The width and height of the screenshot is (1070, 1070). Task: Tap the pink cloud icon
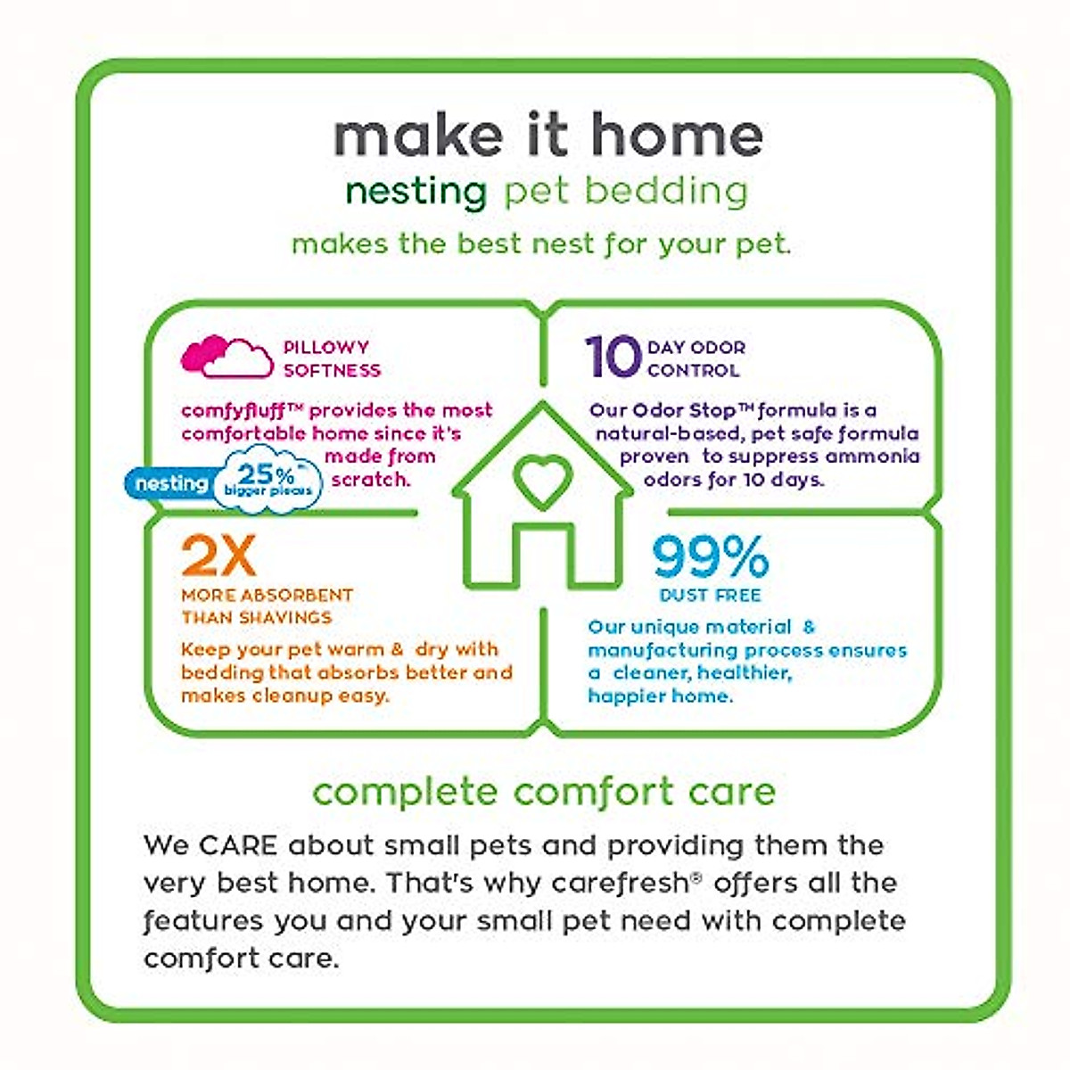coord(227,357)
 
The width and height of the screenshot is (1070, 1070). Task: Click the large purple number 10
coord(613,357)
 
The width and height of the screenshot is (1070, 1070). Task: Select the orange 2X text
coord(218,557)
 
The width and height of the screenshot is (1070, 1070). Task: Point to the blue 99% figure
coord(710,557)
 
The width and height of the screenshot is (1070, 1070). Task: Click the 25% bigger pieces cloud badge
coord(267,480)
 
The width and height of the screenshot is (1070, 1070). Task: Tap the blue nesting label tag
coord(169,484)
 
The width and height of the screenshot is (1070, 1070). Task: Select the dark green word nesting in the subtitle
coord(416,192)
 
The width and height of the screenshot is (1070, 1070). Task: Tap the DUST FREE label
coord(710,595)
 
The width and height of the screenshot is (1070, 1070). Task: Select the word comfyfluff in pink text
coord(230,410)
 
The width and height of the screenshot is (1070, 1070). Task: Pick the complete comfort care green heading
coord(544,792)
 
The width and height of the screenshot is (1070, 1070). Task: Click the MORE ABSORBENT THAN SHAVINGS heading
coord(267,606)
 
